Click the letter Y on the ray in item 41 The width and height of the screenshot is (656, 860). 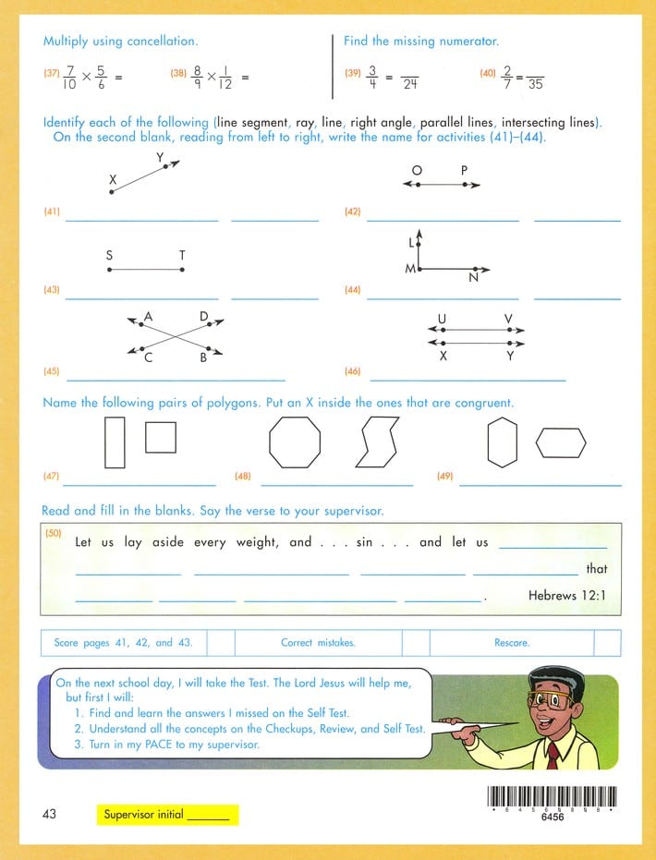[160, 158]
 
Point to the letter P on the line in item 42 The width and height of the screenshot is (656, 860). [464, 170]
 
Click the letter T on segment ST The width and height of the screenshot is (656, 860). [182, 255]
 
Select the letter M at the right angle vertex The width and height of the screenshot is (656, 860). [409, 269]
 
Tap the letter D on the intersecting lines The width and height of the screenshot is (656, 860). [203, 317]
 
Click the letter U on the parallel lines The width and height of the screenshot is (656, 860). [442, 320]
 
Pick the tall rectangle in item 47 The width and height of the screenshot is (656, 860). [115, 442]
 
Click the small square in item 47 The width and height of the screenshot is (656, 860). [161, 437]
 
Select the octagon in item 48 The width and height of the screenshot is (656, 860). [295, 442]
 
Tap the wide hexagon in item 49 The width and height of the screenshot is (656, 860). [561, 442]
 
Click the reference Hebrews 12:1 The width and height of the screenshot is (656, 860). [567, 596]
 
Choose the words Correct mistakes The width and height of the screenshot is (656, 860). [318, 643]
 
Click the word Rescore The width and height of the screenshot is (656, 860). [511, 643]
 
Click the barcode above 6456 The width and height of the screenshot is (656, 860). [551, 796]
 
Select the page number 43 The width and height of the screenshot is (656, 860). [50, 814]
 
